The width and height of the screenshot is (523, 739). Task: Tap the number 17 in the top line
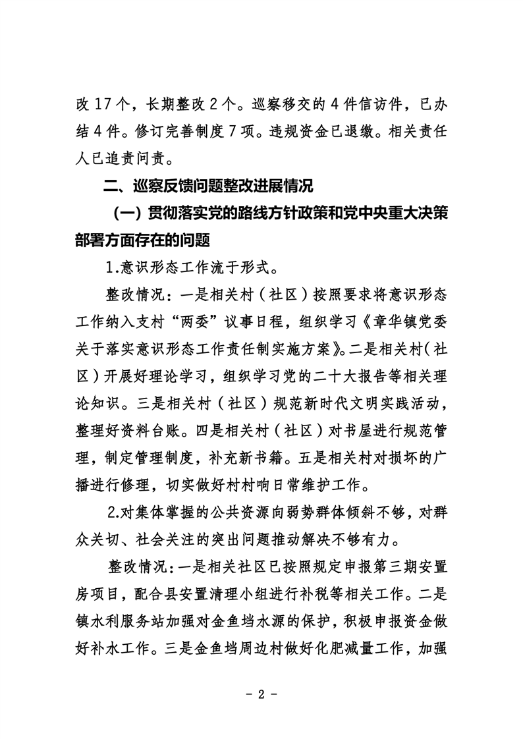tap(97, 104)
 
